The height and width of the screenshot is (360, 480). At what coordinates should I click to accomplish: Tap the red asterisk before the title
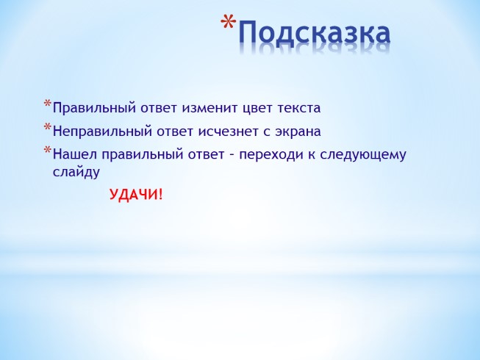pos(229,24)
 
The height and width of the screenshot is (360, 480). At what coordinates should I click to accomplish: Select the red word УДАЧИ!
pos(136,195)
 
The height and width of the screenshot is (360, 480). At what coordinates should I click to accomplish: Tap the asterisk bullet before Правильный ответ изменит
pos(48,104)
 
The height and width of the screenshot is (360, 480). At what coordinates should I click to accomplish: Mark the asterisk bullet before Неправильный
pos(48,128)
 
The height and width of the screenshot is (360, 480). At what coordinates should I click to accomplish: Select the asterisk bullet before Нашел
pos(48,151)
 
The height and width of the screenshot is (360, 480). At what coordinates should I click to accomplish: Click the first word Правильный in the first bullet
pos(87,108)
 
